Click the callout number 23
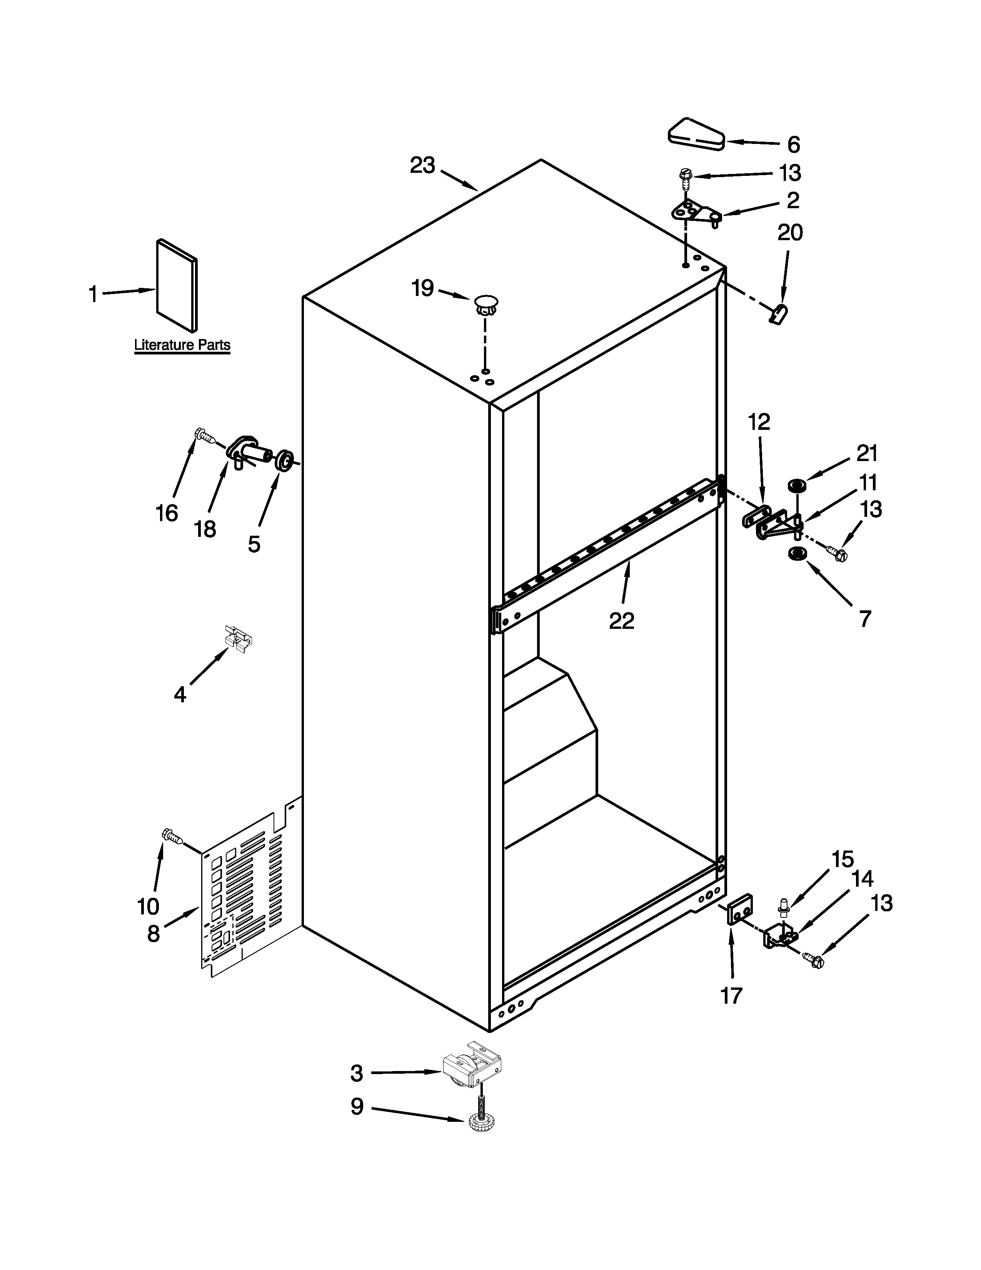coord(422,166)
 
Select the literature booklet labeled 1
coord(177,285)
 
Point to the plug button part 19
coord(486,304)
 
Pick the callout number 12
coord(758,421)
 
